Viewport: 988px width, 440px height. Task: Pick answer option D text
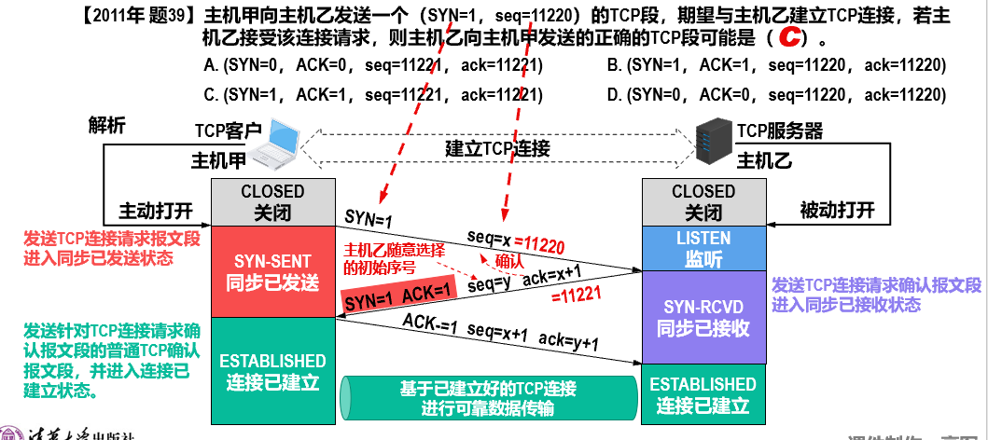[776, 95]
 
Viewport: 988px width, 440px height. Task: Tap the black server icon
[713, 142]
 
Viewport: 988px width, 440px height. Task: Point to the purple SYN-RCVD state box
[703, 317]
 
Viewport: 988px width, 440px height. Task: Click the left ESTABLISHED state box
[272, 371]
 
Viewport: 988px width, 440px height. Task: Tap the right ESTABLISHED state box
[703, 394]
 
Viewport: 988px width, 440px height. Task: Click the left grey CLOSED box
[272, 201]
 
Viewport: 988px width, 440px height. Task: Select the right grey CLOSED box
[703, 201]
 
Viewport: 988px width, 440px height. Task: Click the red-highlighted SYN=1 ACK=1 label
[398, 299]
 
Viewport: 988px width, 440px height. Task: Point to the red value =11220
[540, 245]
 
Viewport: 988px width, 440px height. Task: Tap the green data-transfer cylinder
[485, 396]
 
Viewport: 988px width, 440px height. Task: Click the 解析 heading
[106, 125]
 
